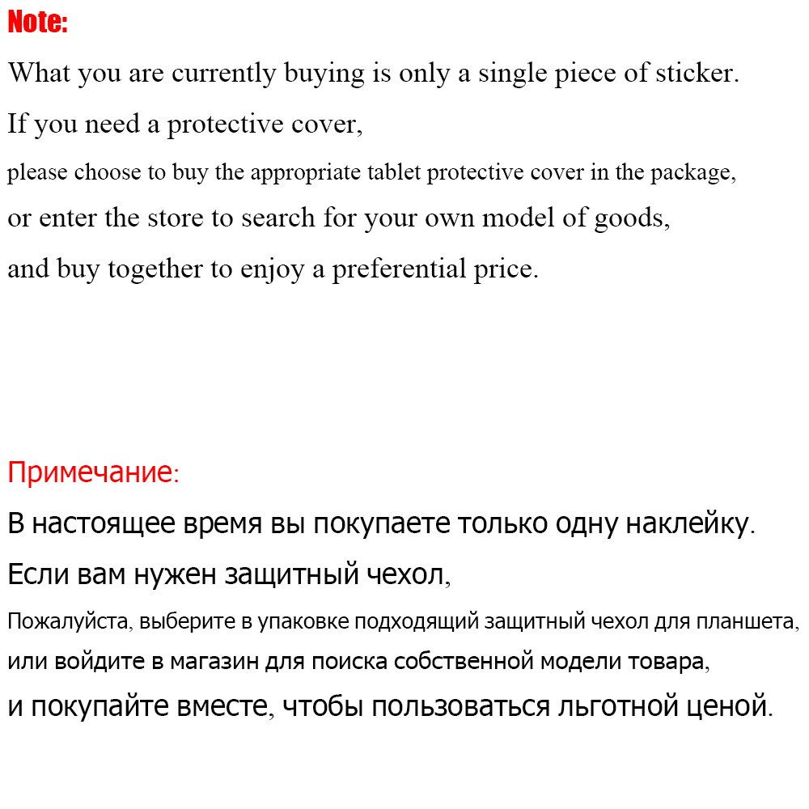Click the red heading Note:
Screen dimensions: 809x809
pos(37,23)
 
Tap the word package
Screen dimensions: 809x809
pos(690,172)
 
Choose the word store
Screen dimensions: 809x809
pos(178,218)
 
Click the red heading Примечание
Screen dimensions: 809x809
pos(90,472)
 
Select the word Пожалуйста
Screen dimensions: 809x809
pos(70,622)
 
